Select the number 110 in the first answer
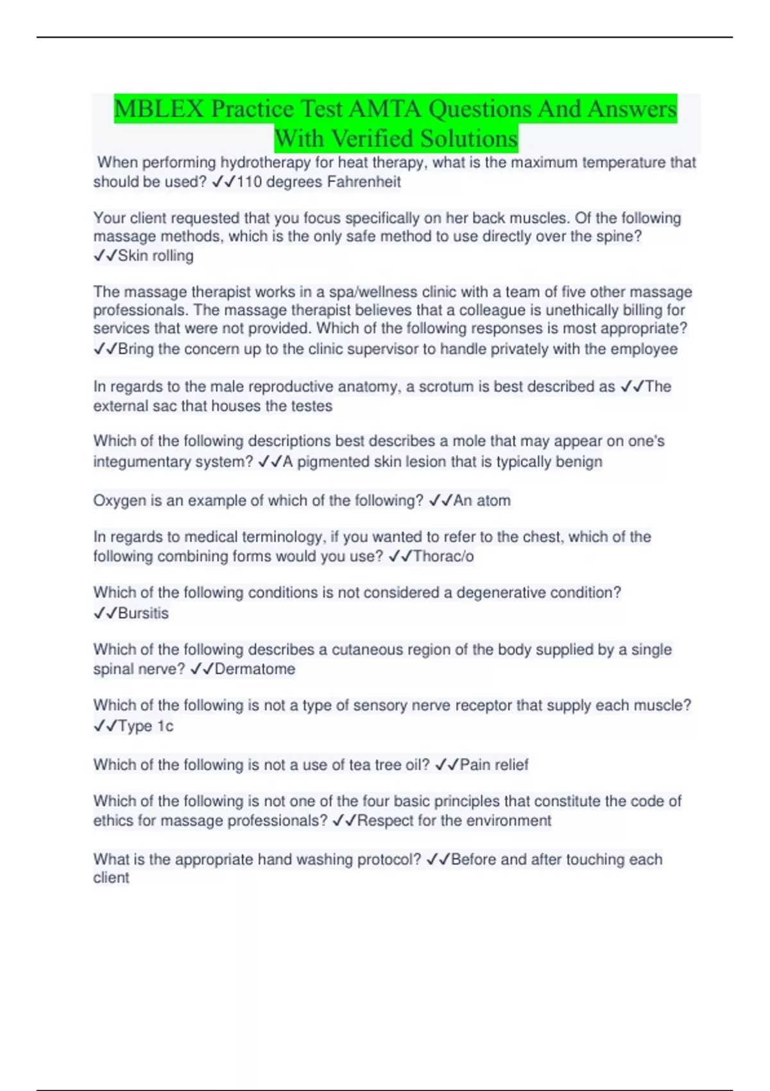250,182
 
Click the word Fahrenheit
364,182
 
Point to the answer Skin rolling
155,256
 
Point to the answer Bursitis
143,614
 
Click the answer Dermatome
255,669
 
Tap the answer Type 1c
146,726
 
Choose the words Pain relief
494,765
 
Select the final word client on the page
111,878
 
